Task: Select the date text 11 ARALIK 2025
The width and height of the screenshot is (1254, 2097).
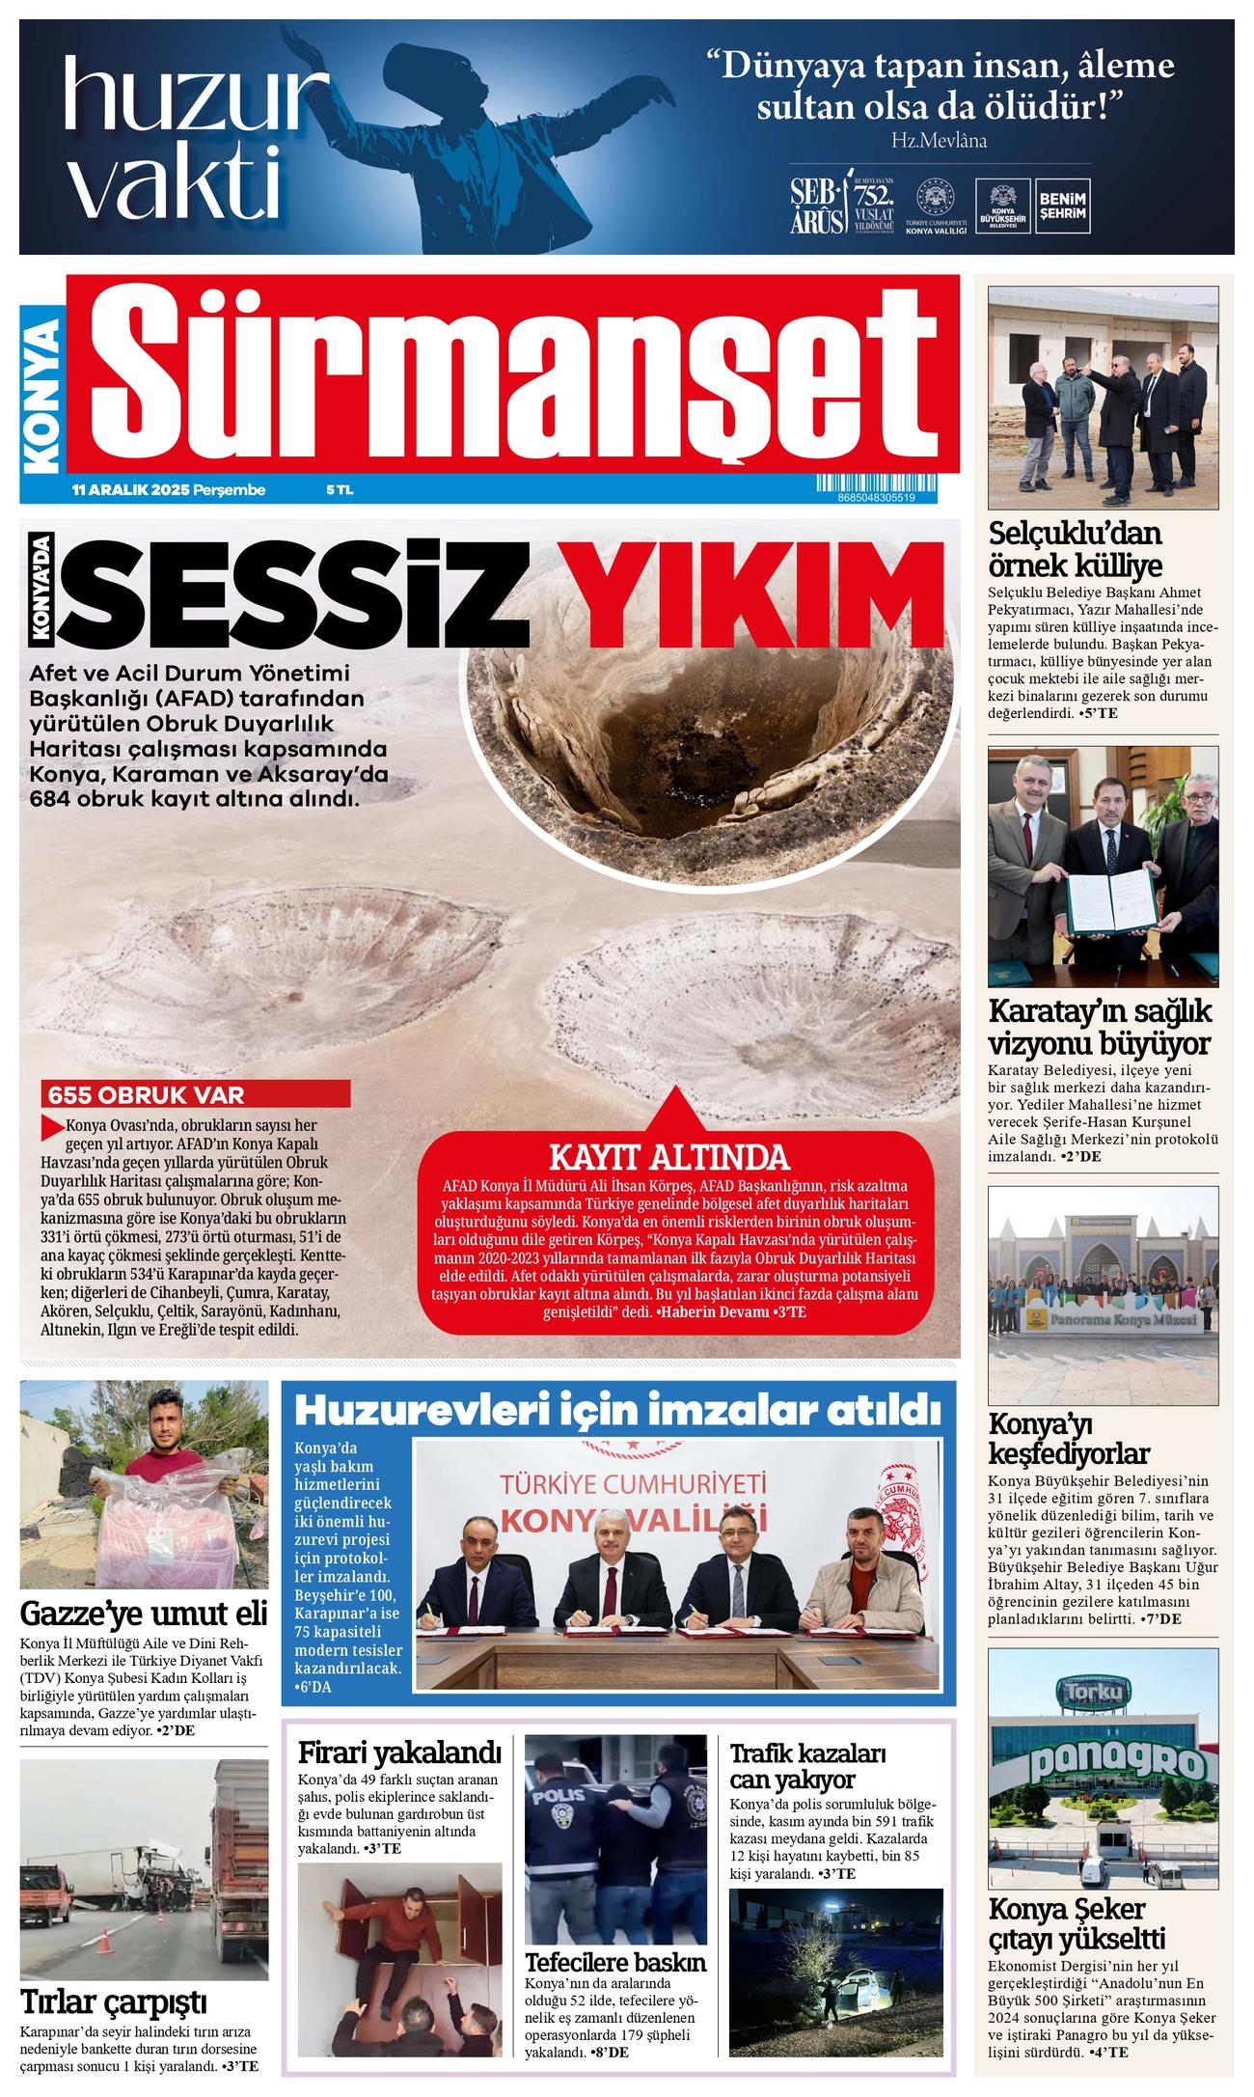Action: pos(131,490)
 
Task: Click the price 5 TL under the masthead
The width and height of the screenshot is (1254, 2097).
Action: pos(340,490)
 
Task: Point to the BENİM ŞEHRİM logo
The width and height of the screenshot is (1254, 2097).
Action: pos(1061,205)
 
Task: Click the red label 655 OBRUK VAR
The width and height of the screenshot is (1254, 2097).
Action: pos(147,1095)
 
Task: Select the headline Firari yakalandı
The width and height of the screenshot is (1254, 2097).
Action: pos(400,1752)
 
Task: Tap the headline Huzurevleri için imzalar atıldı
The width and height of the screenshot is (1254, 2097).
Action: pos(617,1410)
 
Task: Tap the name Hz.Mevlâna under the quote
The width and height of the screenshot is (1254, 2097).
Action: pos(940,140)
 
